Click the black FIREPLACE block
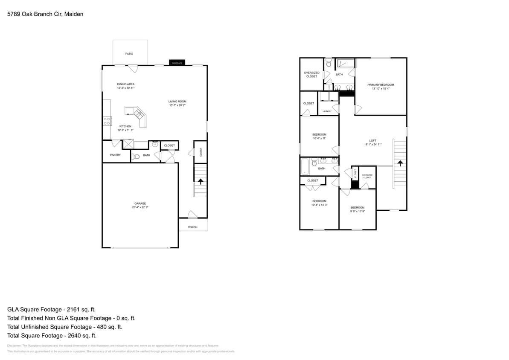177,63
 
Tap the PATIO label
129,54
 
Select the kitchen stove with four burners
107,121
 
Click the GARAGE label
140,203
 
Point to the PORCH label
192,227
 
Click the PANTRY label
115,155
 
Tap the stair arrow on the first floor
201,182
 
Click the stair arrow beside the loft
400,163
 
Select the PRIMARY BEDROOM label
381,85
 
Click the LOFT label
372,141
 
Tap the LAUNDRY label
327,111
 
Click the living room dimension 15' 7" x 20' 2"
177,105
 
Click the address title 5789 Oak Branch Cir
45,14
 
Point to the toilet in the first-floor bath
136,157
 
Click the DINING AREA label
126,84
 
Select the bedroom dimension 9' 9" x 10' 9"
357,211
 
